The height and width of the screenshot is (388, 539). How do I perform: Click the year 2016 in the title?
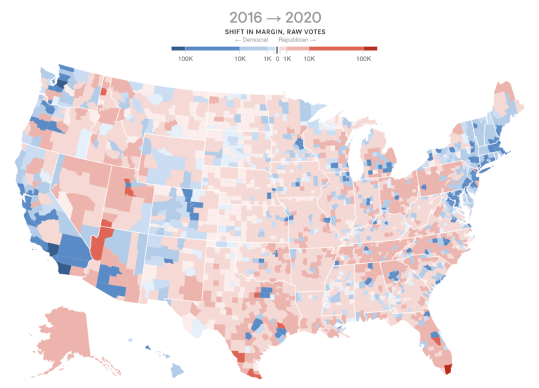(x=247, y=17)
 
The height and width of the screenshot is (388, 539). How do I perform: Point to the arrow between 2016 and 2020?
(x=275, y=18)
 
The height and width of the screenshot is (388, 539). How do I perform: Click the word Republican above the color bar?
(x=298, y=40)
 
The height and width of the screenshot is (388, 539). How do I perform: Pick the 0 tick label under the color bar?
(x=277, y=59)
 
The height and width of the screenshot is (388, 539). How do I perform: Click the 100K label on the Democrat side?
(x=186, y=59)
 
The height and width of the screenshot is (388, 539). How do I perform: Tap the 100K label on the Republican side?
(x=364, y=59)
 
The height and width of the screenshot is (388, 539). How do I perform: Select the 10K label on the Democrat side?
(x=240, y=59)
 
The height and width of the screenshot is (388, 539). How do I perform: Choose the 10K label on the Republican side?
(x=309, y=59)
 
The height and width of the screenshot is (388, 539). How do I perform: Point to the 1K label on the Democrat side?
(x=267, y=59)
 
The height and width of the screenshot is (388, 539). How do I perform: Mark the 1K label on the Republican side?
(x=287, y=59)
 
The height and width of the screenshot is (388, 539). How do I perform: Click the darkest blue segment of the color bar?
(x=178, y=48)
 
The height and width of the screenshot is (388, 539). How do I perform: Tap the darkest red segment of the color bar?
(x=371, y=48)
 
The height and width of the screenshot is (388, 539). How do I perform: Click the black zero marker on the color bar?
(x=277, y=49)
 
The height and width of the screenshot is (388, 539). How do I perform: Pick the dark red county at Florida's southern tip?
(x=448, y=368)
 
